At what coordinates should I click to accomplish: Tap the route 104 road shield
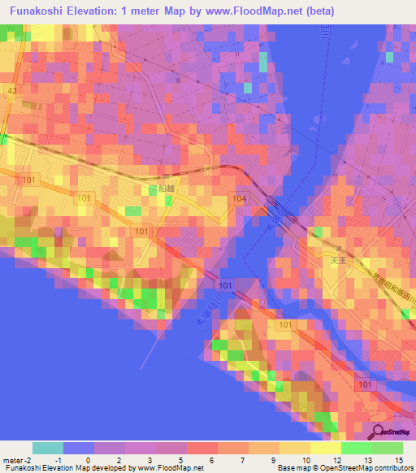coord(239,198)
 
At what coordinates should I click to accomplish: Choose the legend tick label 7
coord(243,461)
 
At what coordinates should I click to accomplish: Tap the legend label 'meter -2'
coord(15,461)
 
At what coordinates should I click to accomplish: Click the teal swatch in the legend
coord(48,448)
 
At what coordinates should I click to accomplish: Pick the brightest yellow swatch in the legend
coord(325,448)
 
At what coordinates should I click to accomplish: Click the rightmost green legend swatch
coord(388,448)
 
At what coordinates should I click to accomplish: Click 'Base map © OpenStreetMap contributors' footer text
coord(344,469)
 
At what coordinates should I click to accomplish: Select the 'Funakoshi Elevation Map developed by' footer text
coord(69,469)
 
